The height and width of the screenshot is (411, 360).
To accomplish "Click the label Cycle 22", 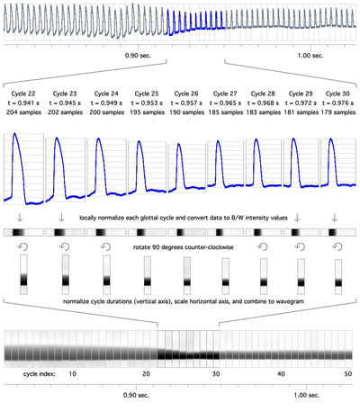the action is click(23, 94).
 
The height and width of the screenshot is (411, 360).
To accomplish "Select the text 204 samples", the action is click(23, 112).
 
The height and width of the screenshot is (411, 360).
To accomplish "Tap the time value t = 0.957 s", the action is click(186, 103).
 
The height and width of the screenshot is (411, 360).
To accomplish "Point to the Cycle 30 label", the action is click(337, 94).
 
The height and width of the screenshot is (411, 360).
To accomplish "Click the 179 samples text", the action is click(338, 112).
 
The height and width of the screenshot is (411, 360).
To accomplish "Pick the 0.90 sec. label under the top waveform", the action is click(138, 56).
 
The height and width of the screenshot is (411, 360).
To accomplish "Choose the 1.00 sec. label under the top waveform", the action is click(310, 56).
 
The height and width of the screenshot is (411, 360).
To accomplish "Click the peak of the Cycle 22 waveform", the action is click(14, 133).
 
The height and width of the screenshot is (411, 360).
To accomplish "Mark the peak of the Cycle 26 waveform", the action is click(179, 144).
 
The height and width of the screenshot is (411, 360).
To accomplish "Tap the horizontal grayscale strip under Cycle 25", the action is click(147, 232).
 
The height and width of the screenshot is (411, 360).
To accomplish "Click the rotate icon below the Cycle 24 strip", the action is click(106, 246).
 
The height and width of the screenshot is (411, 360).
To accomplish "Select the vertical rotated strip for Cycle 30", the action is click(338, 277).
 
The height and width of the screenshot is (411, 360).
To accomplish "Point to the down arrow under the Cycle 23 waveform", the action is click(61, 218).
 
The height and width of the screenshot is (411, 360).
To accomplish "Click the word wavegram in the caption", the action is click(291, 301).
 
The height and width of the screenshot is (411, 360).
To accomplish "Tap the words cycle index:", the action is click(40, 374).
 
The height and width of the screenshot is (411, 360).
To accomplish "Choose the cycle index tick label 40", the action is click(281, 374).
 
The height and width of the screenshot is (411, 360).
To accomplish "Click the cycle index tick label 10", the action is click(73, 374).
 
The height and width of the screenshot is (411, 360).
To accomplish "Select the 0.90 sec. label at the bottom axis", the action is click(136, 395).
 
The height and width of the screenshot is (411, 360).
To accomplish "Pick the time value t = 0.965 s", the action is click(225, 103).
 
